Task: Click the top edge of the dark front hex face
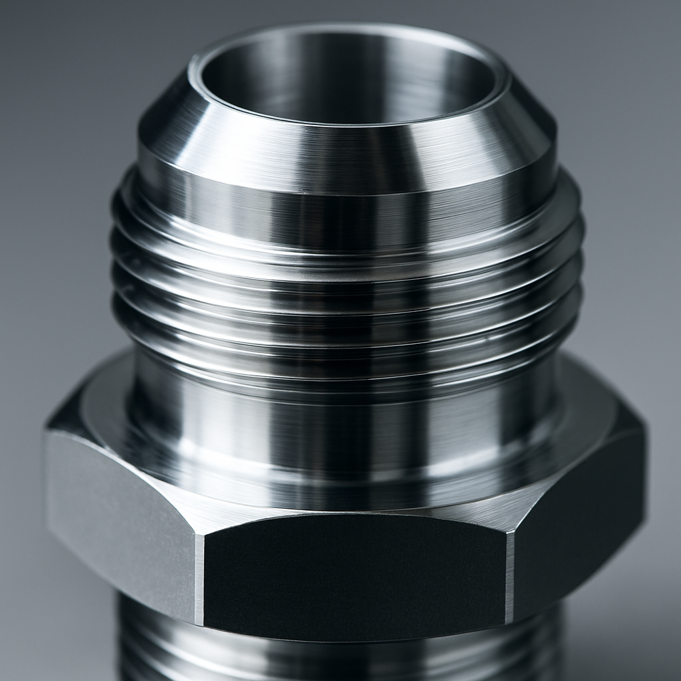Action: (352, 529)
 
